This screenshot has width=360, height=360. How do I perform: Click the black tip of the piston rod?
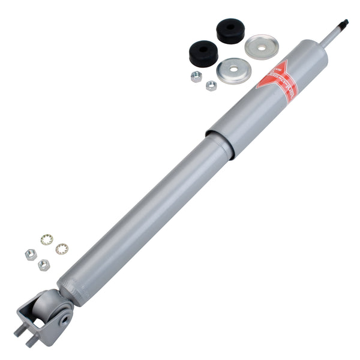pyautogui.click(x=343, y=23)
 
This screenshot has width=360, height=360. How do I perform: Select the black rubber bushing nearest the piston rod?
pyautogui.click(x=230, y=31)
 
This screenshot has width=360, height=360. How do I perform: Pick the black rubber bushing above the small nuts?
pyautogui.click(x=203, y=52)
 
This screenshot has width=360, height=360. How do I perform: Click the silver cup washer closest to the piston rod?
pyautogui.click(x=262, y=46)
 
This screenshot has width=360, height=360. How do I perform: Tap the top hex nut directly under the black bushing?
pyautogui.click(x=196, y=76)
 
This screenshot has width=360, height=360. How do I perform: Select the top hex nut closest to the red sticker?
pyautogui.click(x=211, y=85)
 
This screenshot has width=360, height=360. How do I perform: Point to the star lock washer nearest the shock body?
pyautogui.click(x=61, y=248)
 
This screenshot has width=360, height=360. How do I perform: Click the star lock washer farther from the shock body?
pyautogui.click(x=46, y=240)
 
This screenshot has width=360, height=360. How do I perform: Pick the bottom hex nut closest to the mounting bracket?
pyautogui.click(x=44, y=265)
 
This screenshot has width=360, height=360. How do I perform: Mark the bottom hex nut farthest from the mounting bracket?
pyautogui.click(x=31, y=254)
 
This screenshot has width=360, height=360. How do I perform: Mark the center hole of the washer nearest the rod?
pyautogui.click(x=262, y=46)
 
